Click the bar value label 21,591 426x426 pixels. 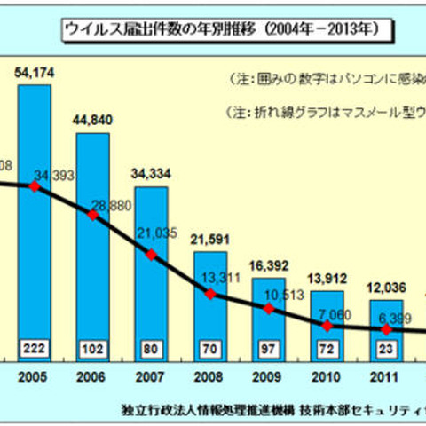(209, 241)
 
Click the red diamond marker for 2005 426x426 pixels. (34, 186)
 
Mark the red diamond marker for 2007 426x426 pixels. (151, 255)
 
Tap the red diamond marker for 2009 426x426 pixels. (268, 308)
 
